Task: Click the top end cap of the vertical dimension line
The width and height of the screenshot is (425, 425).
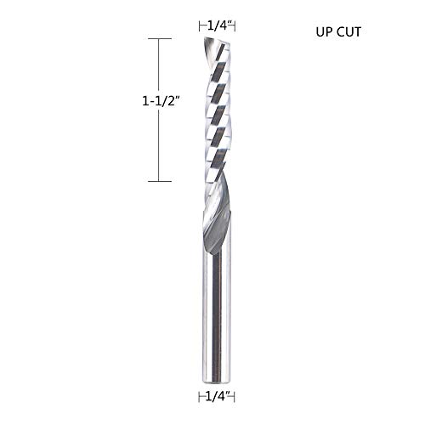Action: pyautogui.click(x=161, y=39)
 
